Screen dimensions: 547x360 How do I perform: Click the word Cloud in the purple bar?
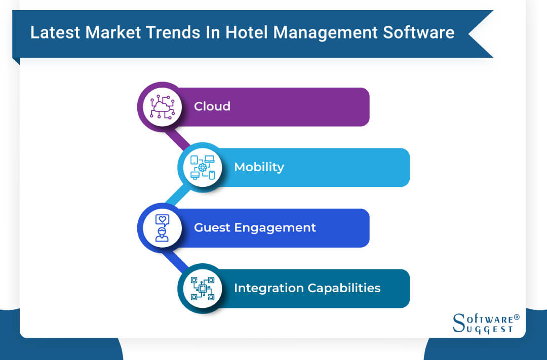pos(212,106)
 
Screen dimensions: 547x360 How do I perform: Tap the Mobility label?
pos(259,167)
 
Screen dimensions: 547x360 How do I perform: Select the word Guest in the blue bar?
pos(212,227)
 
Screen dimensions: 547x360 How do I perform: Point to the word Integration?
pos(268,289)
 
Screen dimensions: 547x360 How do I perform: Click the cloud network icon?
pos(162,107)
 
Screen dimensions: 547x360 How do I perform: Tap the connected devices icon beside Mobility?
pos(203,168)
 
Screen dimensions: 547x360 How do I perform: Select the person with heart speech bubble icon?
pos(162,228)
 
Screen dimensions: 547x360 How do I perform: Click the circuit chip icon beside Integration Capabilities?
pos(203,289)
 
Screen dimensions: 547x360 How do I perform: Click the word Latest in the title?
pos(55,32)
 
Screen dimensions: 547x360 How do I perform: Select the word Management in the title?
pos(326,33)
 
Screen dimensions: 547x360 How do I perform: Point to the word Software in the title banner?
pos(419,32)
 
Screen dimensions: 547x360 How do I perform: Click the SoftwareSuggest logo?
pos(486,324)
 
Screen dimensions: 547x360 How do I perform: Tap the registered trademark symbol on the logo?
pos(517,317)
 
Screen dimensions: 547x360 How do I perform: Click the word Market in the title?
pos(112,32)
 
